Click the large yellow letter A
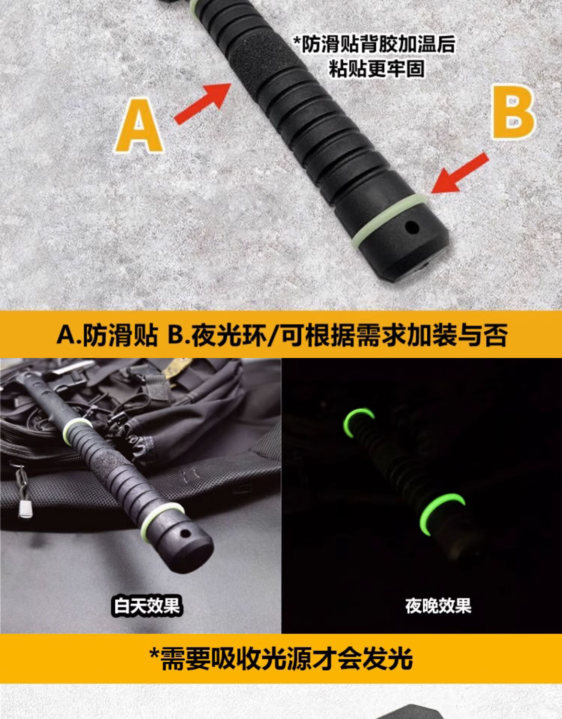tap(139, 126)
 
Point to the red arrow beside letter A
tap(203, 103)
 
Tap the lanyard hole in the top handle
tap(412, 227)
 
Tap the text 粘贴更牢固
tap(377, 69)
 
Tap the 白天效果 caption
tap(147, 606)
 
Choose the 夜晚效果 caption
tap(438, 606)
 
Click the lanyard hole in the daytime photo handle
tap(184, 533)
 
